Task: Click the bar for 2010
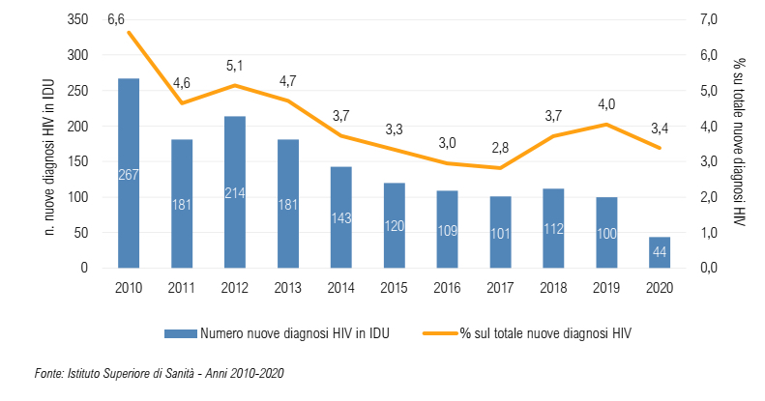(129, 173)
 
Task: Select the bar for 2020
(659, 252)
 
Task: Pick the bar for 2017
(500, 232)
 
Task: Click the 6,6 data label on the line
(117, 19)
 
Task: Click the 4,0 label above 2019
(606, 104)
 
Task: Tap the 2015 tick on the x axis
(394, 287)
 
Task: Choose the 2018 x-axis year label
(553, 287)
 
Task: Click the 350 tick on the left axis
(78, 20)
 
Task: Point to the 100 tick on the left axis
(78, 197)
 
